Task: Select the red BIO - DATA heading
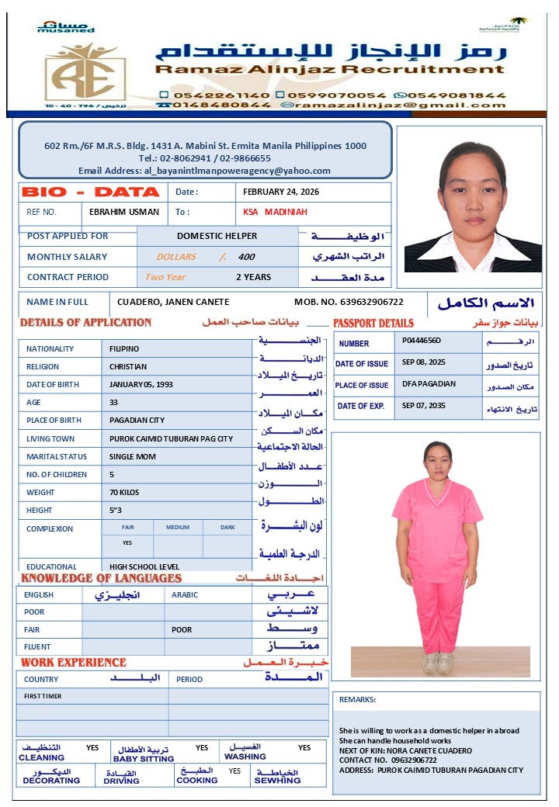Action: click(x=91, y=192)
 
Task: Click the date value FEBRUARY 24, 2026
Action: click(x=281, y=192)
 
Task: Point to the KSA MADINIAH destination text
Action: click(x=276, y=212)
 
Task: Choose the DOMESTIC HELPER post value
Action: click(x=217, y=236)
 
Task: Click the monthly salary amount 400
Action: click(x=246, y=257)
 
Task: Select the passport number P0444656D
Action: click(x=422, y=340)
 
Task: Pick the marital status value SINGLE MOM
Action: click(x=133, y=456)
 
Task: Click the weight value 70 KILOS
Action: click(x=126, y=492)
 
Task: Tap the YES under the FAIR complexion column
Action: click(x=127, y=543)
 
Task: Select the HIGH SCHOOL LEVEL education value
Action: click(x=144, y=566)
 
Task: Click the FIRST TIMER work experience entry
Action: click(x=43, y=696)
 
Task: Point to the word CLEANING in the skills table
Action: click(x=41, y=757)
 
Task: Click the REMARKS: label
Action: click(x=357, y=699)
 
